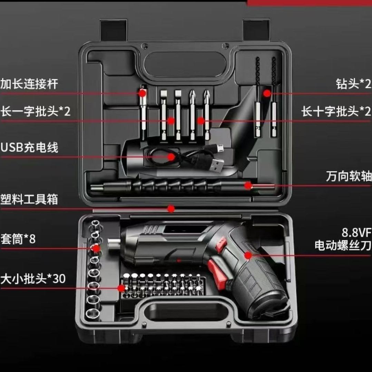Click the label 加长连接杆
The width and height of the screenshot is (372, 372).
click(29, 84)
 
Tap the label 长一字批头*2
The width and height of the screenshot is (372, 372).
click(35, 111)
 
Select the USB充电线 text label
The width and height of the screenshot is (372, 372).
click(29, 147)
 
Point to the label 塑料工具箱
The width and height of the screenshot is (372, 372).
click(29, 199)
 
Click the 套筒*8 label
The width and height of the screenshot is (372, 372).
click(18, 239)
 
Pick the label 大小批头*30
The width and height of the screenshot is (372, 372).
click(33, 278)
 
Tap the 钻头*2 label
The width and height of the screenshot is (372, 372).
click(353, 84)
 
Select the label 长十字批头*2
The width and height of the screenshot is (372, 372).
click(336, 111)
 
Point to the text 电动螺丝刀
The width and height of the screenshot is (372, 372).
click(343, 245)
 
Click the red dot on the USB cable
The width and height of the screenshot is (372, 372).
click(171, 157)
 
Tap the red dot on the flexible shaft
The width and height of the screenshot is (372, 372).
click(248, 186)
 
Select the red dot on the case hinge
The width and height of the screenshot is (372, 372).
click(171, 209)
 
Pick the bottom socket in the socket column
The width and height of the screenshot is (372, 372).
click(93, 314)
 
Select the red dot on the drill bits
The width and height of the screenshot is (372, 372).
click(267, 93)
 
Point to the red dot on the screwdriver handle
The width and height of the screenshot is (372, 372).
click(248, 255)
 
